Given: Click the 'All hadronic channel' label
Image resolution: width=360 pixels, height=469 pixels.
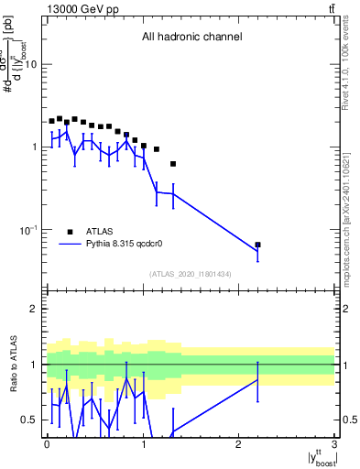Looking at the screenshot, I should (191, 38).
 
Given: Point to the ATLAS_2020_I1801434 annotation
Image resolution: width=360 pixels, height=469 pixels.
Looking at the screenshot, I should (191, 274).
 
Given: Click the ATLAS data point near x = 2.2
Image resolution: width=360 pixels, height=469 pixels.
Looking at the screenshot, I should (257, 245).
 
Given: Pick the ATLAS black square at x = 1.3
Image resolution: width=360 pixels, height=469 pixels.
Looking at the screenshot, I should (173, 164).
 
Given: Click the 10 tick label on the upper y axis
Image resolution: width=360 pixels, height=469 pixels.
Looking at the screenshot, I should (30, 64).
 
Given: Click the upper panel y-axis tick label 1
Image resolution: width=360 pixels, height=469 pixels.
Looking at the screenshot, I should (34, 147).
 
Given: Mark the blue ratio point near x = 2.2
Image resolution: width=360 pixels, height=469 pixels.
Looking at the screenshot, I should (257, 380).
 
